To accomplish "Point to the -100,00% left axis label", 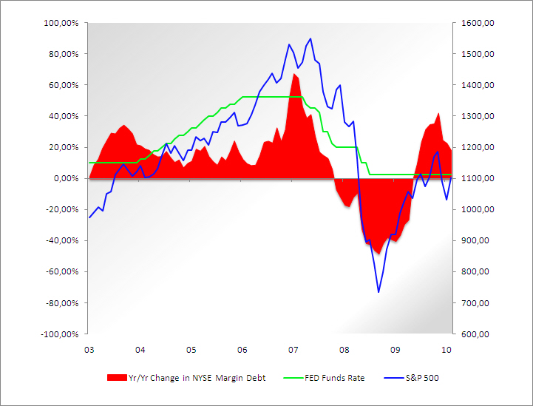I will (61, 334).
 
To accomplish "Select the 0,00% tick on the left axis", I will (67, 178).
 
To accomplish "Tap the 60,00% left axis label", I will (65, 85).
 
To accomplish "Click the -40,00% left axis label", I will (64, 240).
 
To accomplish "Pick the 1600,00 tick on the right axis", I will (478, 23).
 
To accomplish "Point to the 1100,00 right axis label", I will (478, 178).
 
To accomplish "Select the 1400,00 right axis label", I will (478, 85).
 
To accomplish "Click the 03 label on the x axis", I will (89, 349).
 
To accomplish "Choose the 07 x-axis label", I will (293, 349).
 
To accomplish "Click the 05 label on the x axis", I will (191, 349).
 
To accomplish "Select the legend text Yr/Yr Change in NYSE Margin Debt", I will (197, 378).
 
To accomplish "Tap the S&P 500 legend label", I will (423, 378).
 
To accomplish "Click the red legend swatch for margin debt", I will (117, 378).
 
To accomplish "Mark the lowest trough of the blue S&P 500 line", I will (378, 292).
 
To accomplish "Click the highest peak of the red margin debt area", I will (294, 73).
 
